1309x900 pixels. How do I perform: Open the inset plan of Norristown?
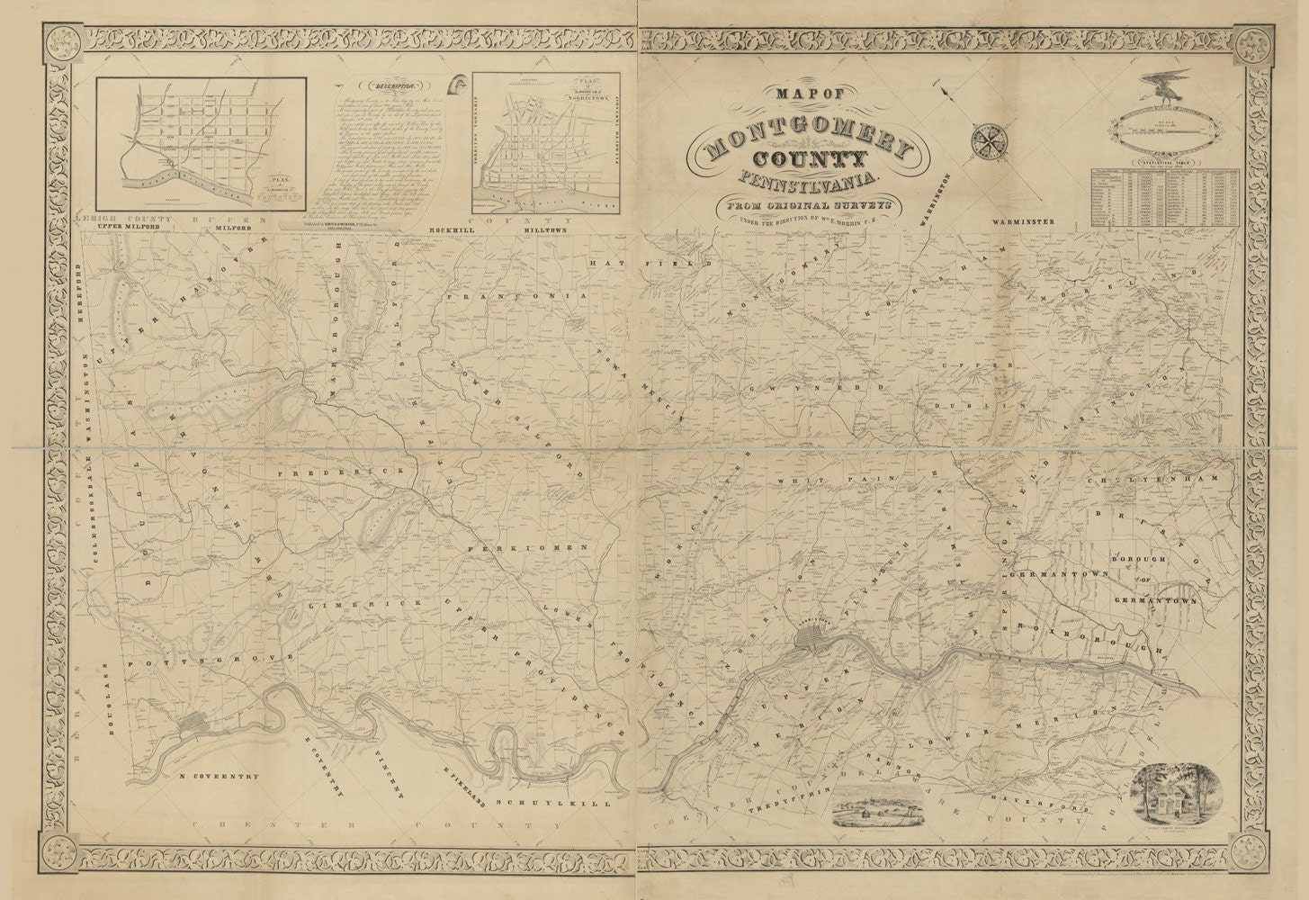pyautogui.click(x=547, y=144)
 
